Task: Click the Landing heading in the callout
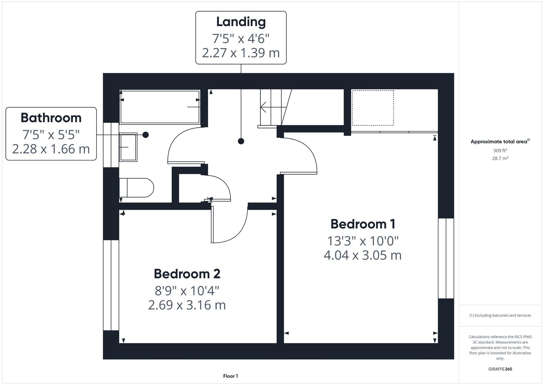[241, 22]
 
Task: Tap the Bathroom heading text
[51, 118]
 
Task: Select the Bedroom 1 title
[363, 224]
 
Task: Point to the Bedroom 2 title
[187, 274]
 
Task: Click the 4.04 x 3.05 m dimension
[363, 255]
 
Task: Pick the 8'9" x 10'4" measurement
[187, 291]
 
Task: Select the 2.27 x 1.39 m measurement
[241, 53]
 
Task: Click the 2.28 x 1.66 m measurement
[51, 149]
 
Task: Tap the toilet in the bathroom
[137, 188]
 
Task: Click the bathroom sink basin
[128, 147]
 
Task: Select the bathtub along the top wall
[160, 107]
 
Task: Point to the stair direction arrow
[272, 107]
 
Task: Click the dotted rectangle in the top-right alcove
[373, 108]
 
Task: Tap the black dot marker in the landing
[241, 141]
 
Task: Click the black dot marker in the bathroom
[146, 135]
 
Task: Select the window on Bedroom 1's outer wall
[446, 258]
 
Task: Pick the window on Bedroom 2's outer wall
[111, 285]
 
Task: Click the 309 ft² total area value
[500, 150]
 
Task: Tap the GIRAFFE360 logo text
[500, 369]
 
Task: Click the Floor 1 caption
[230, 376]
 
